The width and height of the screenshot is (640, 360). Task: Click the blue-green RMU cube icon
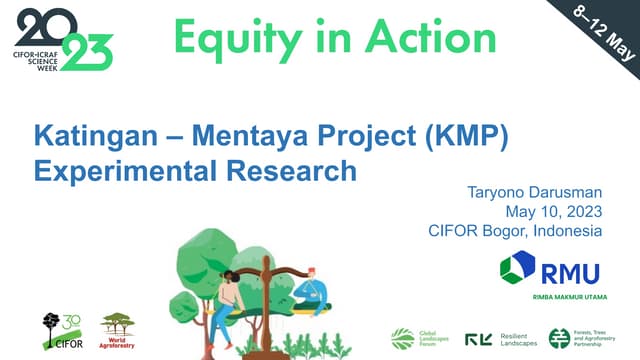tap(517, 269)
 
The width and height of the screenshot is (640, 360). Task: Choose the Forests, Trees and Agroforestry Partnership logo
tap(590, 339)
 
